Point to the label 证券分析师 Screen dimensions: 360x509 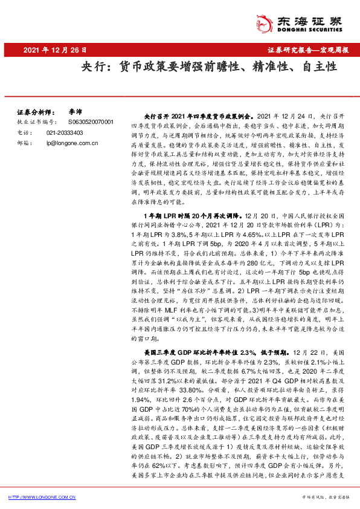pos(33,112)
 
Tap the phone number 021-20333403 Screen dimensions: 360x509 pos(66,132)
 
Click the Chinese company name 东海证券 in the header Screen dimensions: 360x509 pos(313,17)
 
